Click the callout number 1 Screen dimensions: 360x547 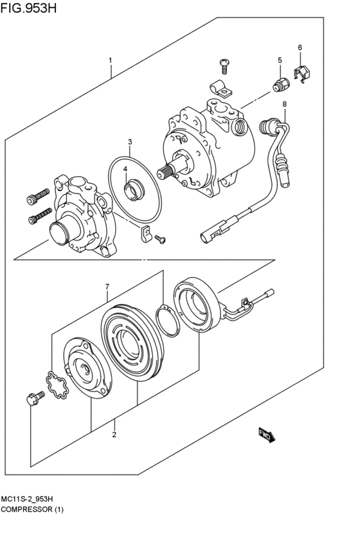110,60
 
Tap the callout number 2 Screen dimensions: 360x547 114,435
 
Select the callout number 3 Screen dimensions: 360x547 130,142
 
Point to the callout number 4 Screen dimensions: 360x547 125,169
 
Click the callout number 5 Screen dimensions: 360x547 280,60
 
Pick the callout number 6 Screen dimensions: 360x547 300,48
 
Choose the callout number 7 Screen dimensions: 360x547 107,287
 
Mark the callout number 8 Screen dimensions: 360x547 284,103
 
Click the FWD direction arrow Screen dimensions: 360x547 267,435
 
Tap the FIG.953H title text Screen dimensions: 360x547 28,8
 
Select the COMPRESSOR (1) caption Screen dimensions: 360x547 32,509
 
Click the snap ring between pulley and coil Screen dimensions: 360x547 168,320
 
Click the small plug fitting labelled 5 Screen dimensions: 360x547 280,85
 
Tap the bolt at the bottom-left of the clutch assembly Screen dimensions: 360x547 35,398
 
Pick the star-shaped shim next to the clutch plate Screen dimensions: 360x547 58,386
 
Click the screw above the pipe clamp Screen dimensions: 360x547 224,66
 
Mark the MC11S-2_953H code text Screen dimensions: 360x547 27,499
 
